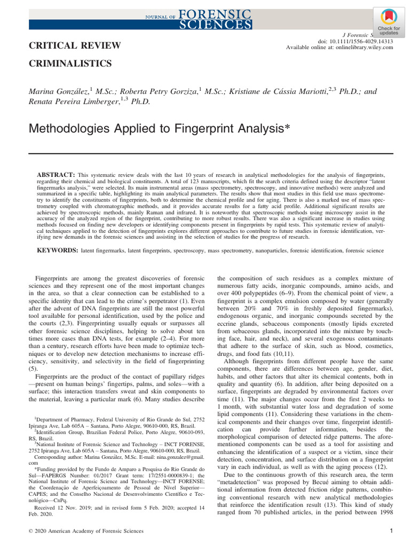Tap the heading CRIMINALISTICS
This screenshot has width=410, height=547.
(x=70, y=64)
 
